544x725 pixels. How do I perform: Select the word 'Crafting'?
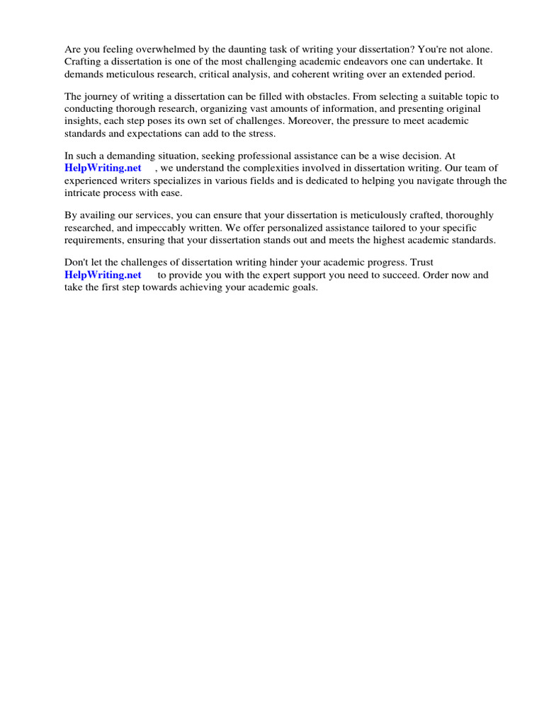(x=84, y=62)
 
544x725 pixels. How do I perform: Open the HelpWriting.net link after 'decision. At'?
(x=103, y=169)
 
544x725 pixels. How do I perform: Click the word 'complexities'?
(x=275, y=169)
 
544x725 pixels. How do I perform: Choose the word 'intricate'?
(x=84, y=193)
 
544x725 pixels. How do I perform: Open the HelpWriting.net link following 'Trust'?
(x=103, y=275)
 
